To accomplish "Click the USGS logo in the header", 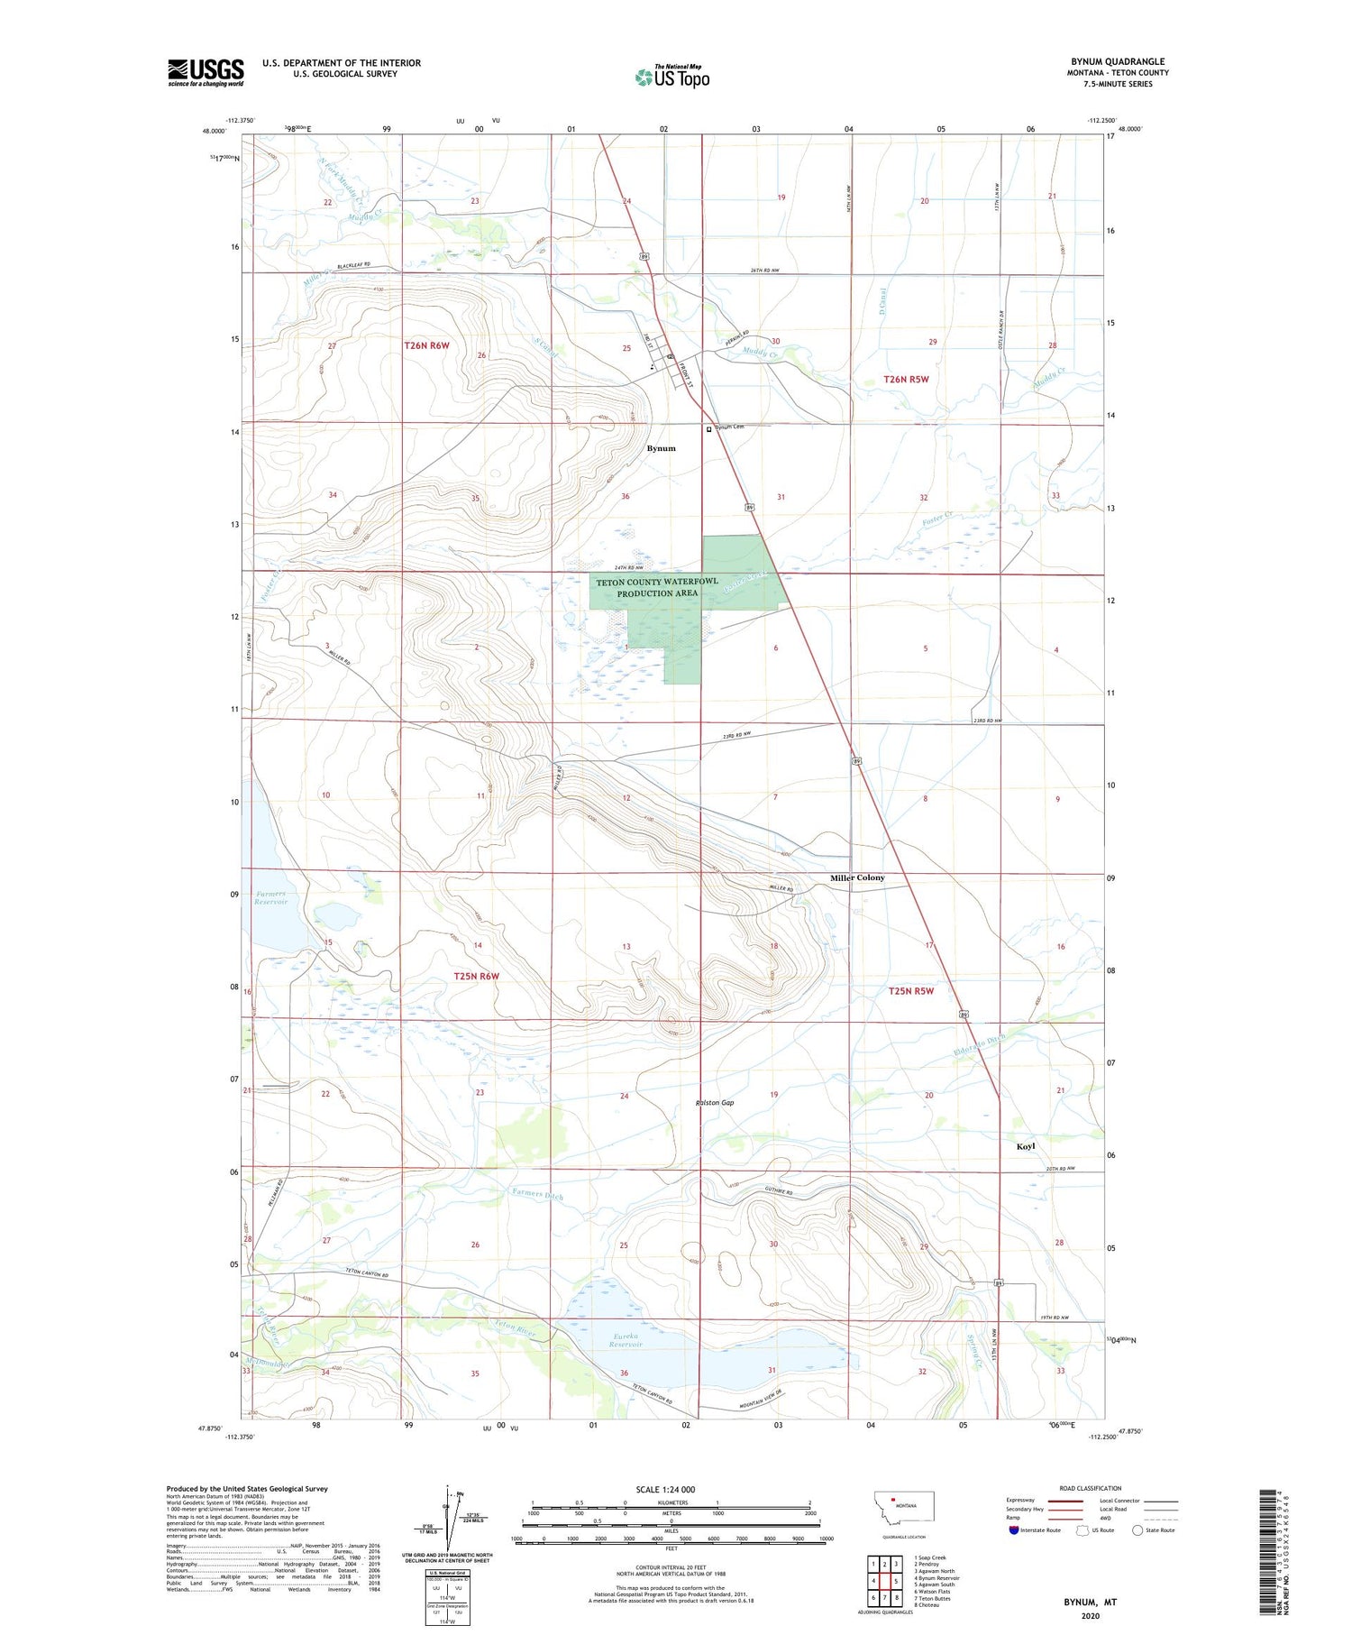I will pos(206,72).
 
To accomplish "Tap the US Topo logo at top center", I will pos(671,78).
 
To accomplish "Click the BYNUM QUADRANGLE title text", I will pos(1117,61).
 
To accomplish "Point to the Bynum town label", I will pos(661,448).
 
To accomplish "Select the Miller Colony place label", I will pos(857,877).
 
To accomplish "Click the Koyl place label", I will pos(1026,1146).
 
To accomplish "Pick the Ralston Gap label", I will pos(714,1103).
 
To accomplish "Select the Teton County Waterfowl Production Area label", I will pos(657,587).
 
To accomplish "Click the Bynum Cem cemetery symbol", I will pos(709,430).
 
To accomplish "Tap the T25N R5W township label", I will pos(910,991).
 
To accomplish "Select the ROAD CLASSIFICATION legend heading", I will pos(1091,1488).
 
